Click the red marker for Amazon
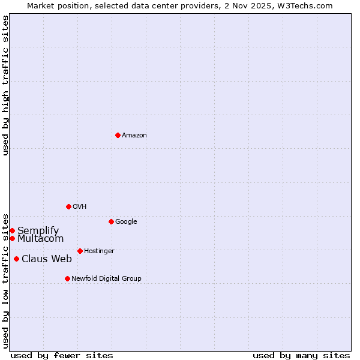118,135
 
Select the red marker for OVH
68,206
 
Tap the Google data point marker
111,221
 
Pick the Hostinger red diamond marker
80,251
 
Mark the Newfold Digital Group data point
67,278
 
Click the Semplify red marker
12,230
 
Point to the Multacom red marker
12,238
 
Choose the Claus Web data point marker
16,259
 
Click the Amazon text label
134,136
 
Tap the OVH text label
80,207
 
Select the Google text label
126,222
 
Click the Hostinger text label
99,251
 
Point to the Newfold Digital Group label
106,279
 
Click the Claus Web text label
47,259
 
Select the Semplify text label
38,231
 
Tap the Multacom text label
40,239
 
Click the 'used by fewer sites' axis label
62,355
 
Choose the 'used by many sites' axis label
301,355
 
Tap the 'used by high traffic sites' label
5,85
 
